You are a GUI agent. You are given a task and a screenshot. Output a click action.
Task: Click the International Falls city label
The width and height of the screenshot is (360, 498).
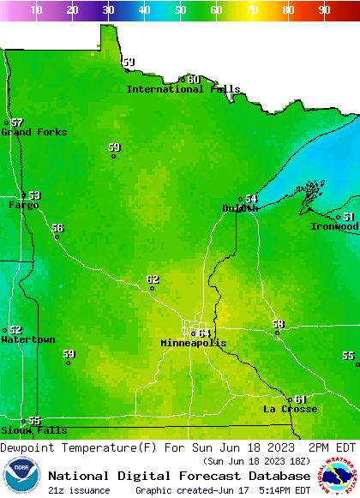pos(183,89)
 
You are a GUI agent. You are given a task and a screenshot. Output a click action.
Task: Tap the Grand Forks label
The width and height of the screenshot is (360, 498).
pos(33,132)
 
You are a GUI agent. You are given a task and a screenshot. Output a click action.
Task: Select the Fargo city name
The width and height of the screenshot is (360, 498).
pos(23,206)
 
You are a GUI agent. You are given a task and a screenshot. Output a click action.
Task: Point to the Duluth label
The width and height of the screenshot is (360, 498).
pos(240,208)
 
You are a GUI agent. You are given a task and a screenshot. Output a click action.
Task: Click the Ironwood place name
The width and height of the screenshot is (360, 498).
pos(334,226)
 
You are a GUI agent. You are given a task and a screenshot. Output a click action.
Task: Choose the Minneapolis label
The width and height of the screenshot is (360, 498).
pos(194,343)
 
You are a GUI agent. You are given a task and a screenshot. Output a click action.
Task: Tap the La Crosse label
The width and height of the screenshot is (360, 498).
pos(290,410)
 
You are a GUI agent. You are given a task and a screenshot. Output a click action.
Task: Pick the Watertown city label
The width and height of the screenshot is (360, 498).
pos(27,340)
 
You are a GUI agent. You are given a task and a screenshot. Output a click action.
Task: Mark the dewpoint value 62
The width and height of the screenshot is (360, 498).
pos(153,279)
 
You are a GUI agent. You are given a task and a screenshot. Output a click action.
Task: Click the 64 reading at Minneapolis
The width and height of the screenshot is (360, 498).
pos(204,333)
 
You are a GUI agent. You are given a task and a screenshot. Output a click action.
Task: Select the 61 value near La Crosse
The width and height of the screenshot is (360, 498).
pos(300,399)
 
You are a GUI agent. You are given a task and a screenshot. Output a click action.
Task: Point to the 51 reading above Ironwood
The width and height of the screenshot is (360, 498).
pos(350,218)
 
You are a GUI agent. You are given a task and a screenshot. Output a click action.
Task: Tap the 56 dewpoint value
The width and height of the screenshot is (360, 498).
pos(57,228)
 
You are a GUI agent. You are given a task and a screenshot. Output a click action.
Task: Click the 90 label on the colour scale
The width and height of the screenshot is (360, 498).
pos(324,10)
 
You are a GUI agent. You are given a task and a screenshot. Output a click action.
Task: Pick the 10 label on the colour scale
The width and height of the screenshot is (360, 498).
pos(37,10)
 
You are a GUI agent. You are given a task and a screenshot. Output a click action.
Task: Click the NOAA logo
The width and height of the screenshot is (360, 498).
pos(22,477)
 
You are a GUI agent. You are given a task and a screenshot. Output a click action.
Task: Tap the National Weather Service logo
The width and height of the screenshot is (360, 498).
pos(339,477)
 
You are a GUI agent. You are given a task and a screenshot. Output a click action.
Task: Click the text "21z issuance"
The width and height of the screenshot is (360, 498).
pos(79,490)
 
